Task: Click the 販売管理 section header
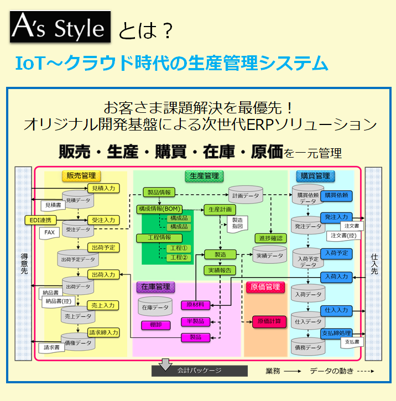[81, 176]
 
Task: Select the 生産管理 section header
[204, 176]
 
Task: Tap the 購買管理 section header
[315, 176]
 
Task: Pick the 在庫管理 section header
[155, 287]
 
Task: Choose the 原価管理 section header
[265, 287]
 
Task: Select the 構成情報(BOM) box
[160, 209]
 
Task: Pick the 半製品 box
[195, 321]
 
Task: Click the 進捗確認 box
[270, 238]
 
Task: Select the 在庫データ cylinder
[155, 306]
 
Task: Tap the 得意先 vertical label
[24, 263]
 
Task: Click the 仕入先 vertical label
[374, 263]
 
